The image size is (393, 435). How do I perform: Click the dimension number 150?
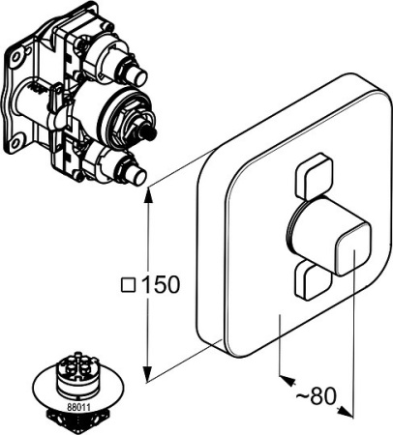[x=160, y=284]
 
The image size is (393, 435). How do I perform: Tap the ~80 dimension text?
[x=317, y=396]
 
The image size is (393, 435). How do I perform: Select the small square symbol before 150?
[x=128, y=284]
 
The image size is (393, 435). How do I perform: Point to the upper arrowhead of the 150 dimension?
[x=147, y=195]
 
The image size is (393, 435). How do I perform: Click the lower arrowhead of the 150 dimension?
[x=147, y=374]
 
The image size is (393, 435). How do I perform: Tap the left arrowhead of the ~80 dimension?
[x=288, y=380]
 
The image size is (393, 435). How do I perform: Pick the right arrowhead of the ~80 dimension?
[x=345, y=412]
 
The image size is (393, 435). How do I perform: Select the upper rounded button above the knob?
[x=314, y=176]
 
